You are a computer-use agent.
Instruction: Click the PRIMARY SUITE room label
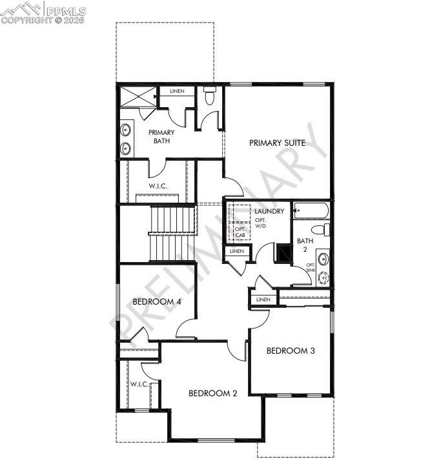click(278, 143)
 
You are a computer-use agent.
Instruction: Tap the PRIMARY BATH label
click(161, 136)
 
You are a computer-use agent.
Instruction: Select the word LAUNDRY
click(269, 212)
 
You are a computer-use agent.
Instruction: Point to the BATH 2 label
click(304, 245)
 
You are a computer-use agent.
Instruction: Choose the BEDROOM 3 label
click(291, 350)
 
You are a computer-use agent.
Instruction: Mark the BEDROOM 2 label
click(212, 393)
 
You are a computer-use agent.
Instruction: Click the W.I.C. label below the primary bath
click(158, 186)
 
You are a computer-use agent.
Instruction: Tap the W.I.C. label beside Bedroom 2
click(139, 385)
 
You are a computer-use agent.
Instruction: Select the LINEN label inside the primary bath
click(177, 91)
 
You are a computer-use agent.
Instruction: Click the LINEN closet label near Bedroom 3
click(263, 299)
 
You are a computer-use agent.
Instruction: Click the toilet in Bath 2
click(320, 230)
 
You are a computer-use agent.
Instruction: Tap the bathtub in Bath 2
click(311, 211)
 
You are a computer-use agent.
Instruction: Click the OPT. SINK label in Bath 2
click(311, 268)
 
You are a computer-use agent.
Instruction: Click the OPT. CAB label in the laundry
click(240, 232)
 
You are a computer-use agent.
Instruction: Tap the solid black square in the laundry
click(283, 252)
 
